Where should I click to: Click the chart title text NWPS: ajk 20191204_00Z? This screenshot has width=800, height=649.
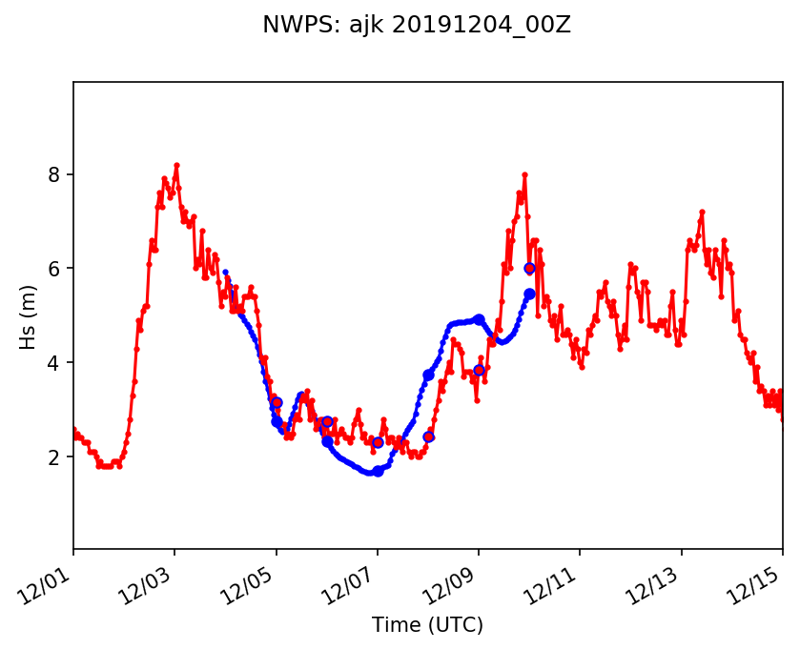tap(417, 26)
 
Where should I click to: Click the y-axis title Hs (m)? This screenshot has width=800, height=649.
tap(30, 316)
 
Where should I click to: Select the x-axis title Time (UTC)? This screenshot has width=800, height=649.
tap(428, 625)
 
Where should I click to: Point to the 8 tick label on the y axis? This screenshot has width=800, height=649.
tap(54, 174)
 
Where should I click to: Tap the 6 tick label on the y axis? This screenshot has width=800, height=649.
tap(54, 269)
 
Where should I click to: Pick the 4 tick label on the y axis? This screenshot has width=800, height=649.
tap(54, 363)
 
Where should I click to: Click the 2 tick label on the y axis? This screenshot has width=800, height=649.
tap(54, 457)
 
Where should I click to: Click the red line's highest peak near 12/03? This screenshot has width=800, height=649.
tap(176, 165)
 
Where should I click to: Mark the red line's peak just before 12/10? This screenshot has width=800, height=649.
tap(524, 174)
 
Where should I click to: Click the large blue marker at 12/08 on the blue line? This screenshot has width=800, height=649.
tap(428, 375)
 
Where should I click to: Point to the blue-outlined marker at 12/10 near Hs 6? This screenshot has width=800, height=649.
tap(529, 269)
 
